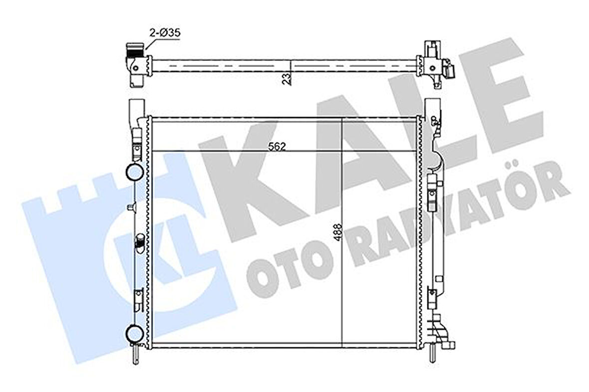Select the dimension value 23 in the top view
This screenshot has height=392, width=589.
coord(286,79)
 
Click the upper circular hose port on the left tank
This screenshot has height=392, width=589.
coord(135,173)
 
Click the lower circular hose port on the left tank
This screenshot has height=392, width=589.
coord(135,334)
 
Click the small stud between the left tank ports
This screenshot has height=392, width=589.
coord(131,207)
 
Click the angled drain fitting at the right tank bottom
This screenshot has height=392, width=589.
coord(441,333)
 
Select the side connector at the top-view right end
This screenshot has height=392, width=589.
coord(449,69)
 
